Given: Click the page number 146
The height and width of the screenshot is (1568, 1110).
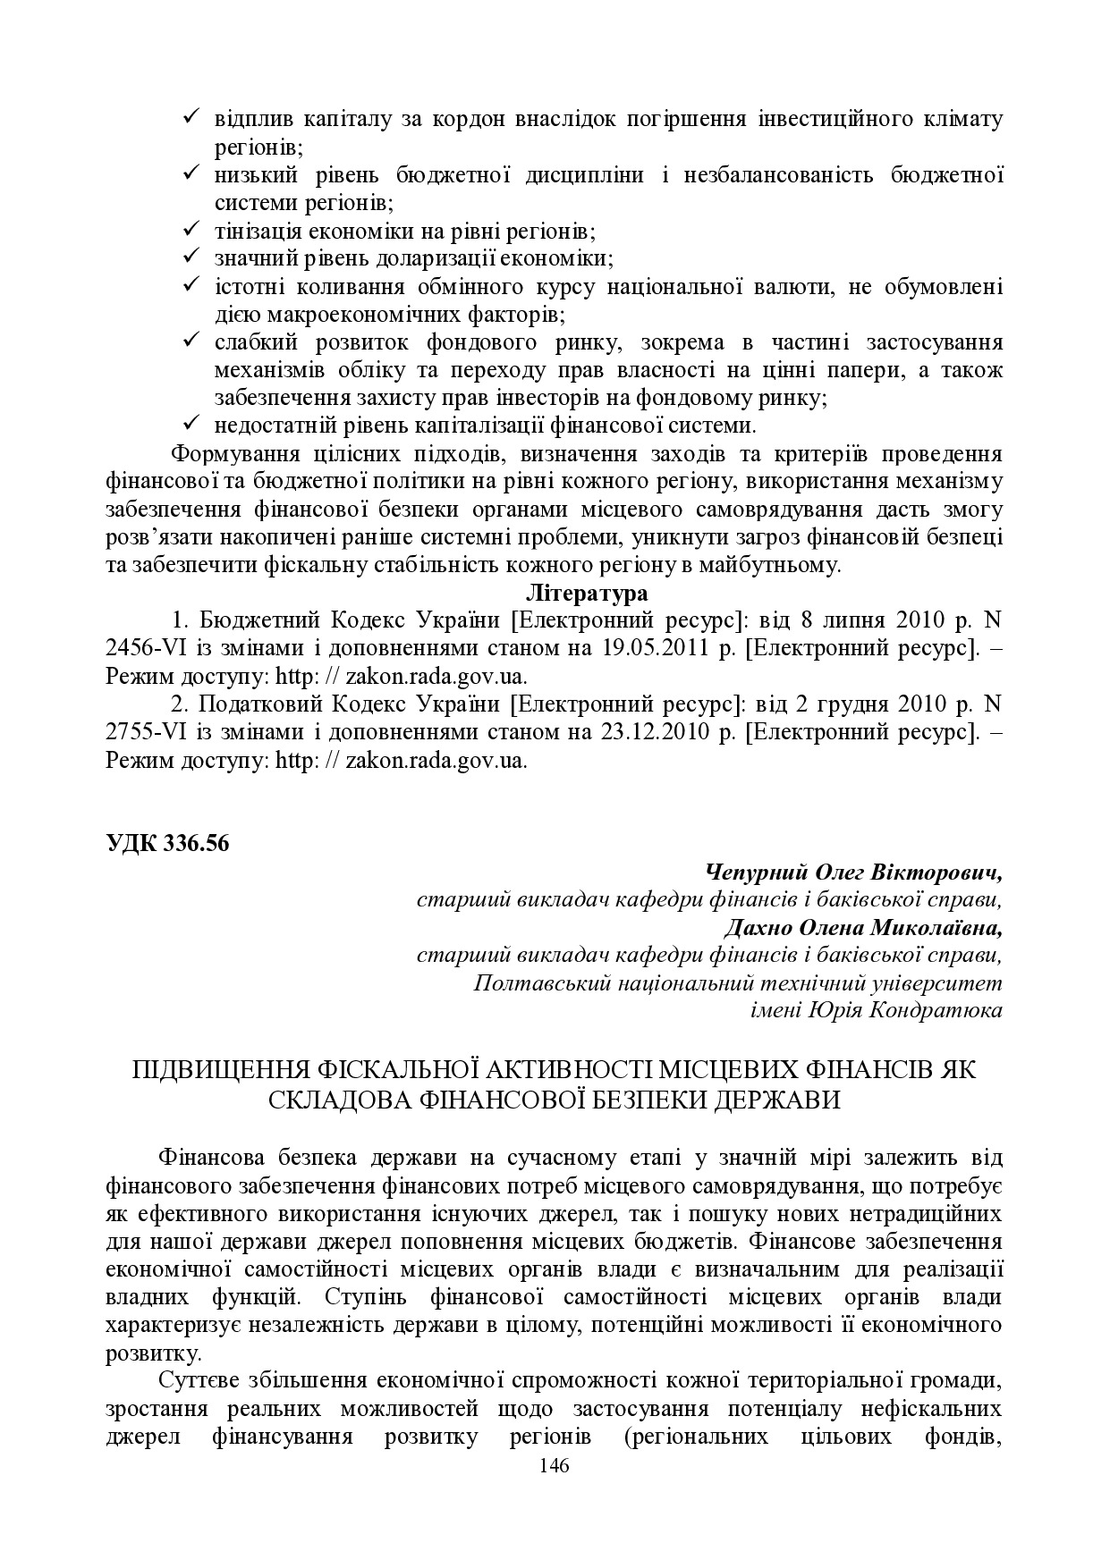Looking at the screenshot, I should point(555,1465).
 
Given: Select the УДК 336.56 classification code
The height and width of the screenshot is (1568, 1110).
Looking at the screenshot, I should point(167,843).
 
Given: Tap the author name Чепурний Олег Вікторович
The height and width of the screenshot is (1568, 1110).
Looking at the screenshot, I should point(853,872).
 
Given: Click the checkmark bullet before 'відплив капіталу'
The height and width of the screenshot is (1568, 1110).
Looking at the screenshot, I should point(191,117).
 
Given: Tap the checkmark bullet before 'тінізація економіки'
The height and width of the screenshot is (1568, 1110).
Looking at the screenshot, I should point(191,230).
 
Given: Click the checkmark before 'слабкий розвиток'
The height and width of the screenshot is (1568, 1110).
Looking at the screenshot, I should point(191,341).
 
